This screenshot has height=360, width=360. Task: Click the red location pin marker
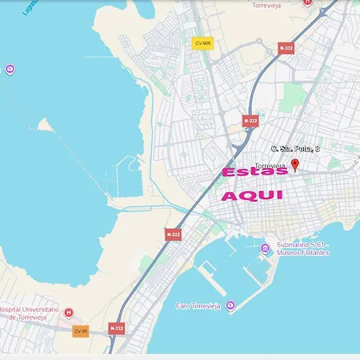(x=294, y=165)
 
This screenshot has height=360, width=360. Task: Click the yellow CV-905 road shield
(x=202, y=43)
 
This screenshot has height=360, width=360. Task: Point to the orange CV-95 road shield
(x=80, y=330)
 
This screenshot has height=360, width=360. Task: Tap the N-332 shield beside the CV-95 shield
(x=117, y=328)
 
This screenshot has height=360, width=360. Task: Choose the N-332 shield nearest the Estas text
(x=250, y=121)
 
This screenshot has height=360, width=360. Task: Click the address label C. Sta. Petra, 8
(x=295, y=149)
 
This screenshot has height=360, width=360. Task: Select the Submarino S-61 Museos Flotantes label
(x=302, y=249)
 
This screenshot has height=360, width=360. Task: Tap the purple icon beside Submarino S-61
(x=266, y=248)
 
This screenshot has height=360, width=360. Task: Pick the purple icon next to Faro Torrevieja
(x=230, y=306)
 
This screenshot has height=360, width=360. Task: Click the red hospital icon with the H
(x=69, y=312)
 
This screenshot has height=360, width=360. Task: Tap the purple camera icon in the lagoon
(x=10, y=70)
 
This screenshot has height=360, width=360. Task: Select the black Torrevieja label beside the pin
(x=270, y=166)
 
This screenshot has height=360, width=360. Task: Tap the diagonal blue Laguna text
(x=30, y=6)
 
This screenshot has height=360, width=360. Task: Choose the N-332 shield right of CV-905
(x=286, y=48)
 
